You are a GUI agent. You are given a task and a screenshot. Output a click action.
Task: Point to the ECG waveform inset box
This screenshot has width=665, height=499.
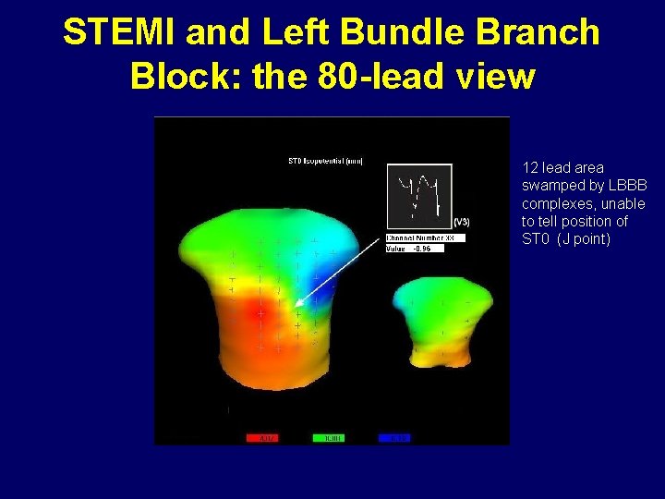[419, 196]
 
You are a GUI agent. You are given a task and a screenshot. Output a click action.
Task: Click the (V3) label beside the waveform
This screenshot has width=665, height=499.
[462, 223]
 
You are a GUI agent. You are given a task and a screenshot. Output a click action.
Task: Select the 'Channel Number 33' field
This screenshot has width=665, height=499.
[426, 237]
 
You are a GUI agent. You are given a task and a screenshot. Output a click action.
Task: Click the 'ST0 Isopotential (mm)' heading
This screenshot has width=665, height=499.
[325, 162]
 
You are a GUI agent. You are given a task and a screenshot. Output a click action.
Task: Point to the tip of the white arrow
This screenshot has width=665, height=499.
[297, 306]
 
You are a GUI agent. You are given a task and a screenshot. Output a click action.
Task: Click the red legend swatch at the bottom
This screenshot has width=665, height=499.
[263, 438]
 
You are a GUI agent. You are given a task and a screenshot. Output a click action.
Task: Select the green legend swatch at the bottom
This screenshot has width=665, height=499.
[329, 438]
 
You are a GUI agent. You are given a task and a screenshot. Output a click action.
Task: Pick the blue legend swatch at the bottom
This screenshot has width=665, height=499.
[395, 438]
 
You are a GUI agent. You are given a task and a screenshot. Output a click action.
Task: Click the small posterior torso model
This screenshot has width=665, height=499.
[441, 319]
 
